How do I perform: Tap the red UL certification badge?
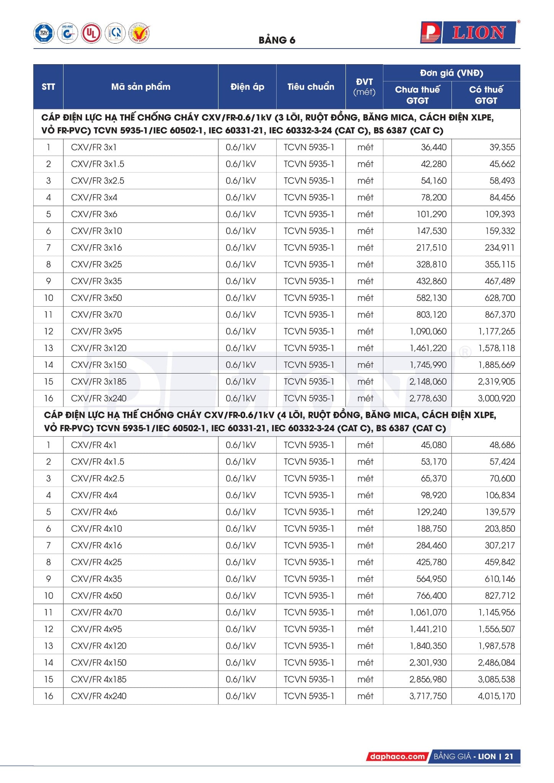(91, 33)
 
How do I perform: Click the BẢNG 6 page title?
(277, 40)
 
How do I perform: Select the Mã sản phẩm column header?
(140, 87)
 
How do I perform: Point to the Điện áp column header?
(247, 87)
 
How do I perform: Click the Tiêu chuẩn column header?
(311, 87)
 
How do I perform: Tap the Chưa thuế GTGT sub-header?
(417, 95)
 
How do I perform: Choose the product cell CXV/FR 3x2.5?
(98, 181)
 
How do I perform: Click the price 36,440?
(433, 147)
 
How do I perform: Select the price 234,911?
(500, 248)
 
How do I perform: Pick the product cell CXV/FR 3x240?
(99, 398)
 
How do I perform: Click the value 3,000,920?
(496, 398)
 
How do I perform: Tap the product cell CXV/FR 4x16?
(96, 546)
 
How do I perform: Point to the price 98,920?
(433, 495)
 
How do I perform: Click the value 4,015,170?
(496, 696)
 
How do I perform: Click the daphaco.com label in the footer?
(398, 756)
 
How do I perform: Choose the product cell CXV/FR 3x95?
(96, 331)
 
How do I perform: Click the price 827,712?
(500, 596)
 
